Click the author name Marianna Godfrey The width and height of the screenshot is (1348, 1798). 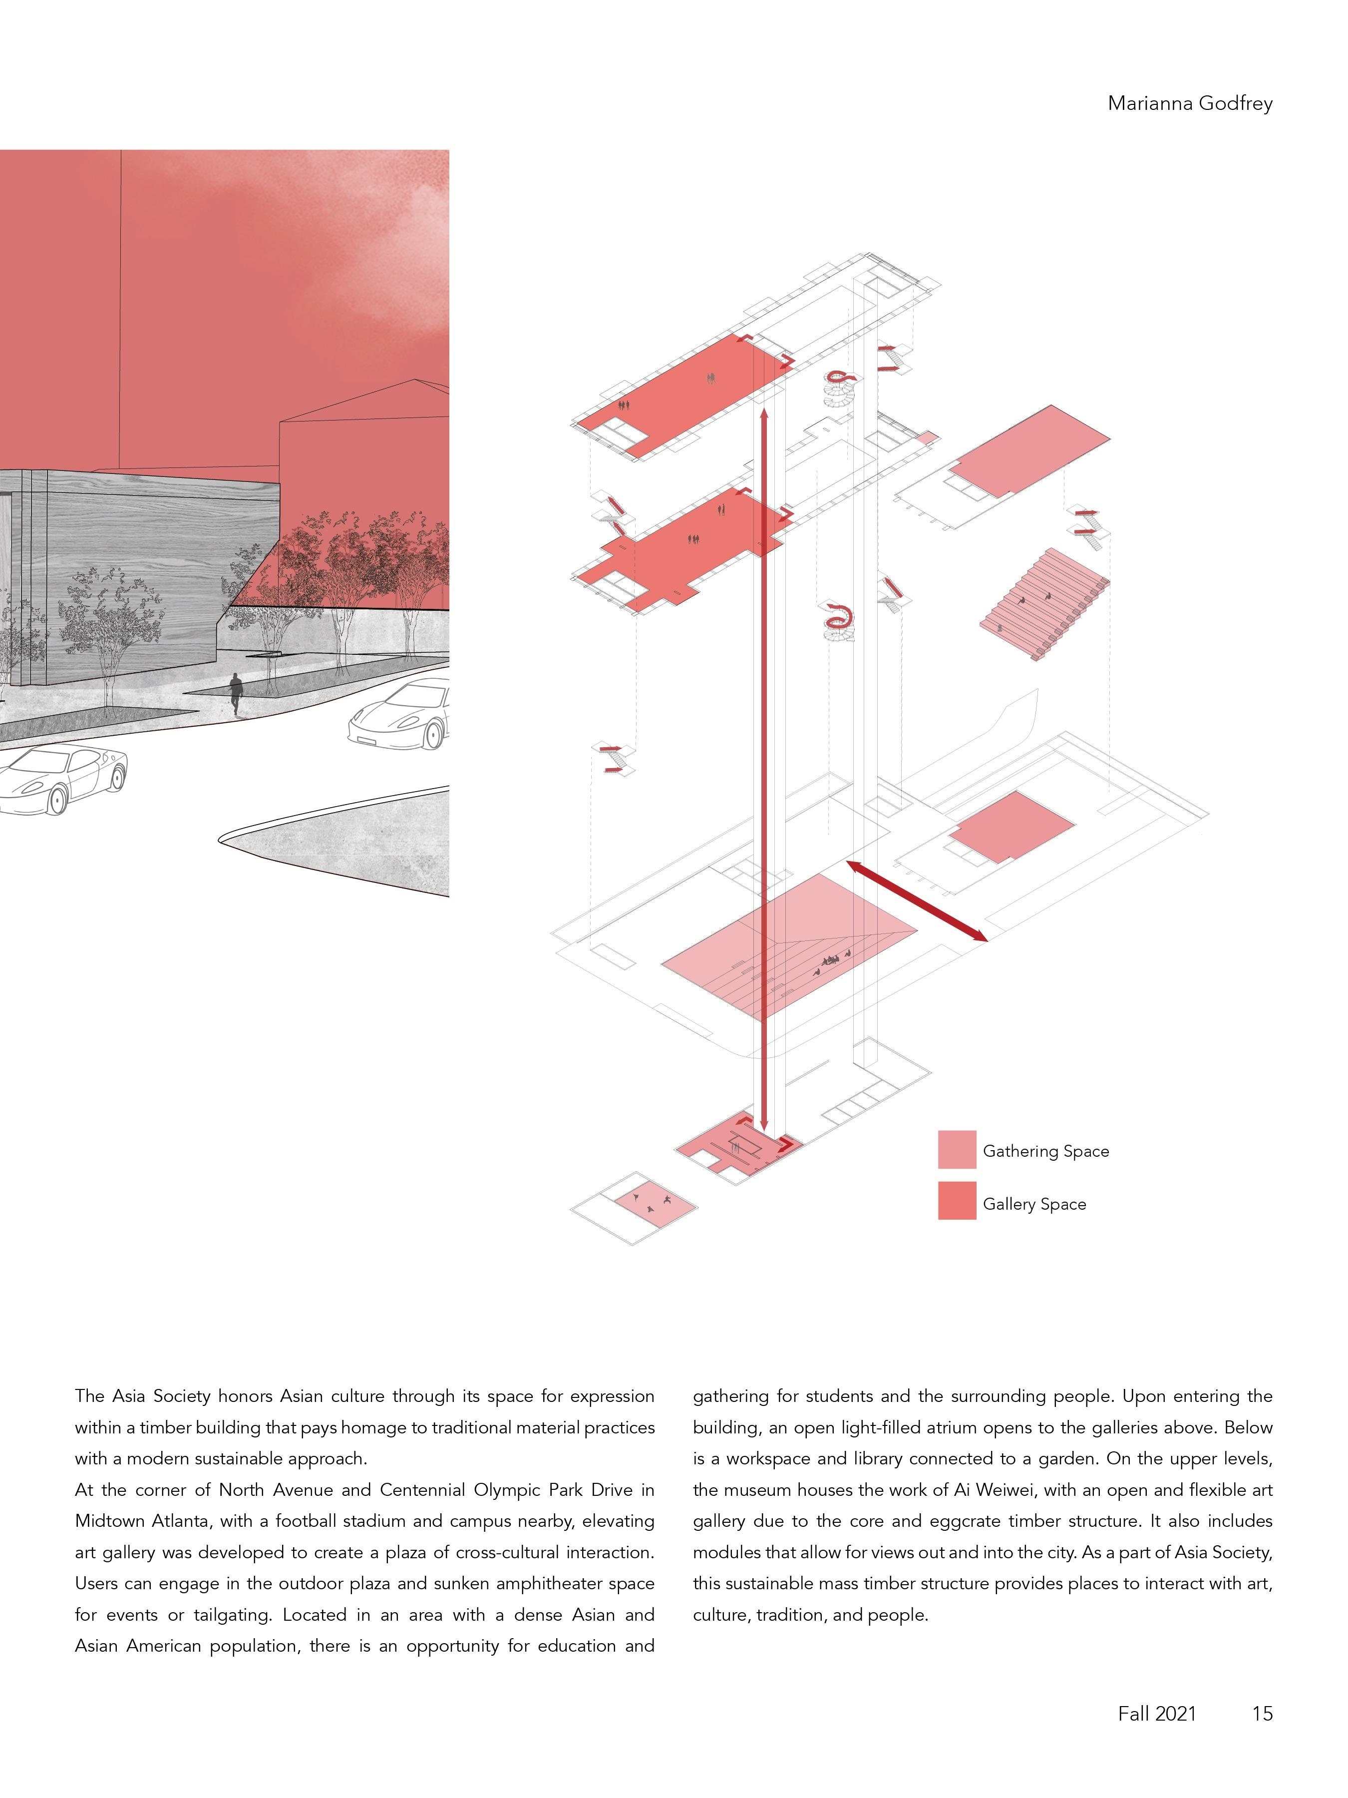(1190, 103)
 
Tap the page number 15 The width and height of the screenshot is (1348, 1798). (1262, 1714)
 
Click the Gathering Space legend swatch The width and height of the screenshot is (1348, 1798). (957, 1149)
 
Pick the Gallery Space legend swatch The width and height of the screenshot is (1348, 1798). (957, 1201)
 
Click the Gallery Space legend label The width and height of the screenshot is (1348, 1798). (1033, 1204)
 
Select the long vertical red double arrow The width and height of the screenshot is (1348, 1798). (764, 772)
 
